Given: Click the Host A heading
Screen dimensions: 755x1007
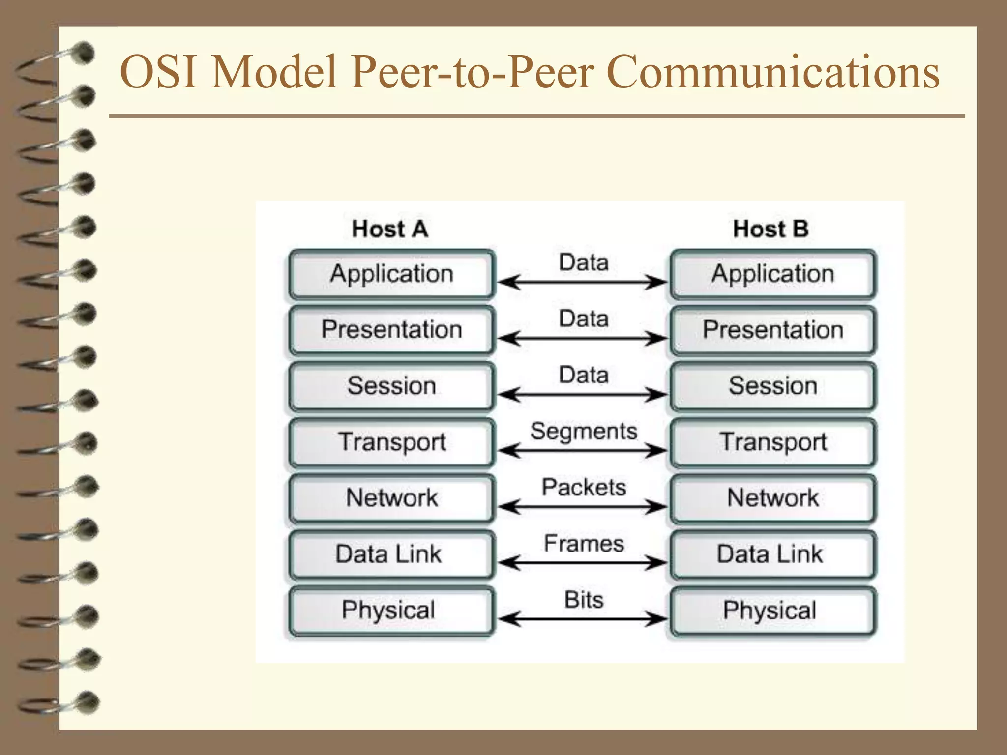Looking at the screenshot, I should tap(390, 229).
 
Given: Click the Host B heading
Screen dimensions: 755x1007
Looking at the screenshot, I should tap(770, 229).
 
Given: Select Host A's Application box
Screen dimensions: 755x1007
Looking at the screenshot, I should tap(391, 274).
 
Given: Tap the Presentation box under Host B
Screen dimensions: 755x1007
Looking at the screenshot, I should tap(772, 330).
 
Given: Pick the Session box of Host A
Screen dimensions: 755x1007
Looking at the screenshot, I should tap(391, 386).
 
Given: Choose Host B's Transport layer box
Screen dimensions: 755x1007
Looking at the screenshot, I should tap(772, 442).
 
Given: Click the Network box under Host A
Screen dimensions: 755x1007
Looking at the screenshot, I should tap(391, 498).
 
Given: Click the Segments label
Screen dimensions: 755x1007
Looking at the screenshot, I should tap(584, 432).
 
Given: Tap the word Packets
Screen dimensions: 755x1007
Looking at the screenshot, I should tap(584, 488).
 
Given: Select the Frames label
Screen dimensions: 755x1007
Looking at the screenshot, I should tap(584, 544).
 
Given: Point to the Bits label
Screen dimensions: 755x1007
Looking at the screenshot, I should tap(584, 600).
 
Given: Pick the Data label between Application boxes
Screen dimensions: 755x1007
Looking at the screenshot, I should tap(584, 262).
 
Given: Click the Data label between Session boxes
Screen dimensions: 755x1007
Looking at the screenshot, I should tap(584, 375).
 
